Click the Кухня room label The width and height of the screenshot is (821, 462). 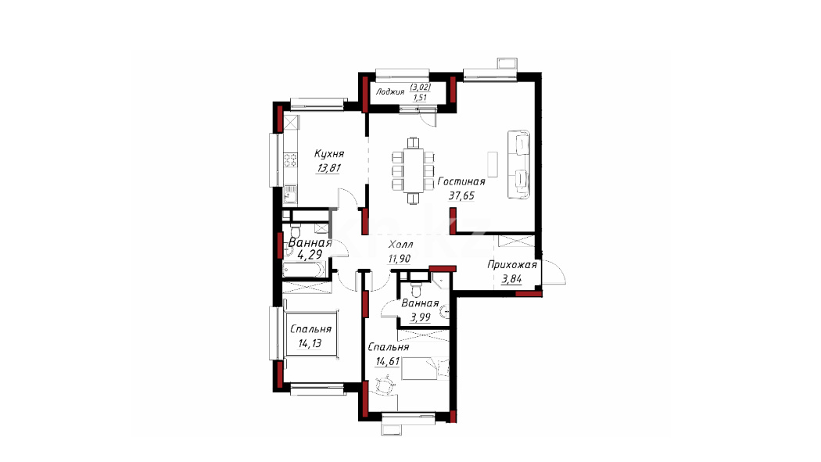point(329,154)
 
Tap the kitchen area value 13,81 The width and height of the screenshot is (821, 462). point(328,168)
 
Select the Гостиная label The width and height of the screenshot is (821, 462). point(461,181)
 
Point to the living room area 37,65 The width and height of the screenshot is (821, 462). point(461,195)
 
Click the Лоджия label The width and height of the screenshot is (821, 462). point(390,92)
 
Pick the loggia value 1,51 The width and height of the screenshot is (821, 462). point(420,97)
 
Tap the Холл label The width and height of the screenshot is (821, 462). point(400,245)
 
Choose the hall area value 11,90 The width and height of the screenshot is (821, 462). point(399,259)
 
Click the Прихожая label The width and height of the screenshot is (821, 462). point(512,265)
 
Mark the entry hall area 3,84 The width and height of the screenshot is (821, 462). point(511,279)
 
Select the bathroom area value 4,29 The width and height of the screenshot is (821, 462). point(310,256)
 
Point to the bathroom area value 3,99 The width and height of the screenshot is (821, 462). point(421,317)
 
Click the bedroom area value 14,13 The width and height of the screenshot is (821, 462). point(310,344)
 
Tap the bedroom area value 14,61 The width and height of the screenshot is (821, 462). point(388,360)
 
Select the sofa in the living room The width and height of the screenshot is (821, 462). point(518,164)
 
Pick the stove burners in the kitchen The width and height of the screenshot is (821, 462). point(290,160)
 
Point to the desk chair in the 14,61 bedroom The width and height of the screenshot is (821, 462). point(385,386)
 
